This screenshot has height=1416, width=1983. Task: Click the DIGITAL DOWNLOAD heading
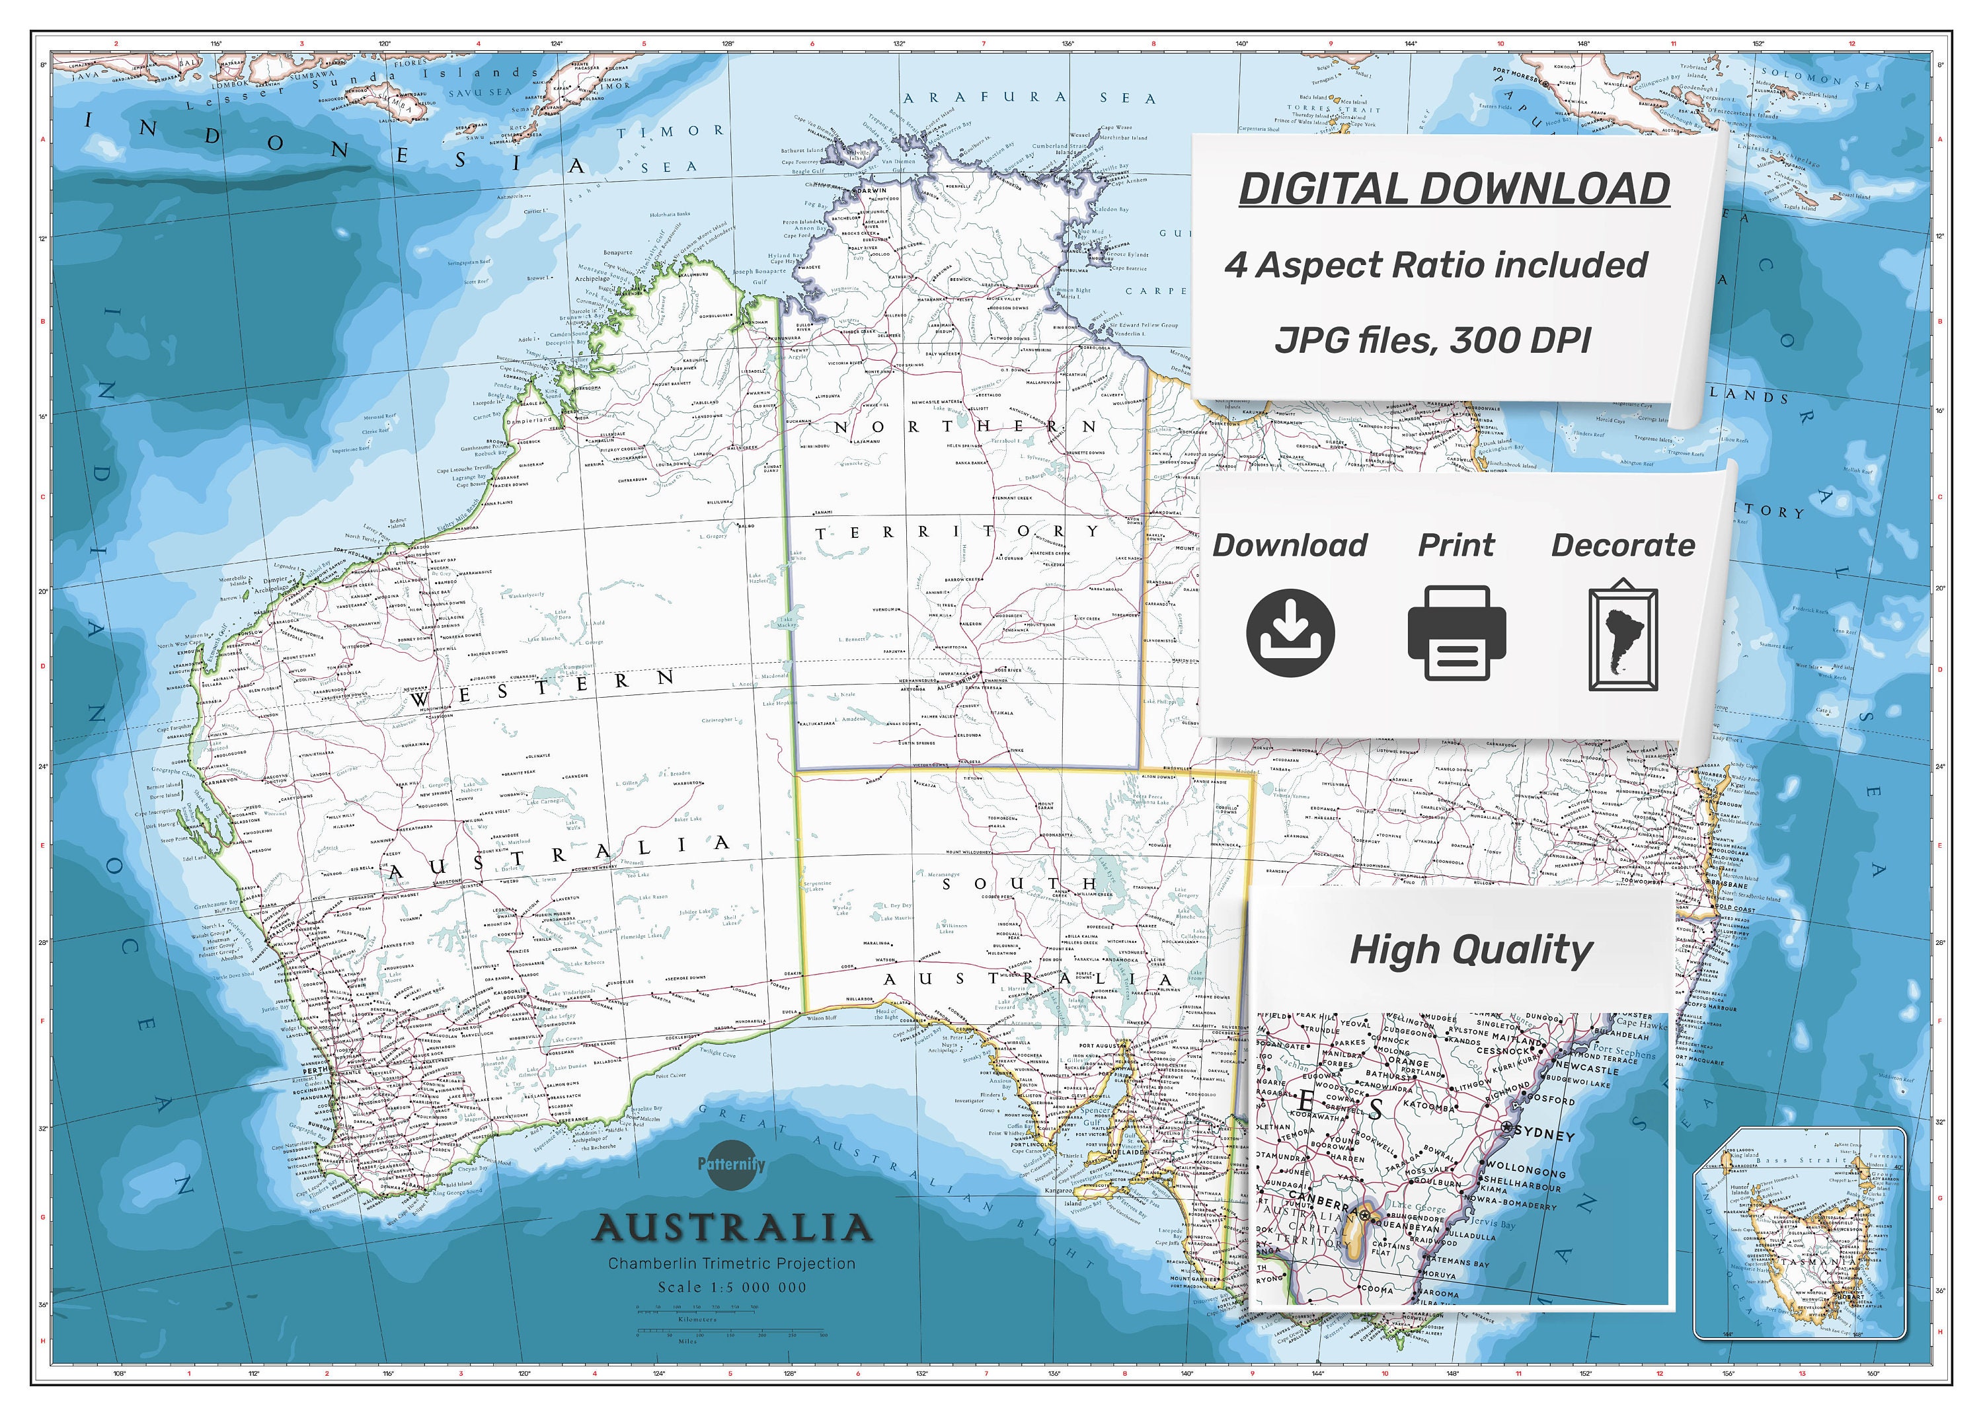pos(1454,188)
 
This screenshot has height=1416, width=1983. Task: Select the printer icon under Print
pos(1456,633)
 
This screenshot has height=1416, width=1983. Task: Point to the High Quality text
pos(1471,950)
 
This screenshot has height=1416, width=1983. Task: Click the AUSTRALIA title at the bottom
pos(732,1228)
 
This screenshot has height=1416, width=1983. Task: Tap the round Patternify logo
pos(731,1164)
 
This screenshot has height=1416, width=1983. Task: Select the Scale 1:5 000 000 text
pos(732,1287)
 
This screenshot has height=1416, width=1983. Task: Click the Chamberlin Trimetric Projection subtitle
pos(732,1263)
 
